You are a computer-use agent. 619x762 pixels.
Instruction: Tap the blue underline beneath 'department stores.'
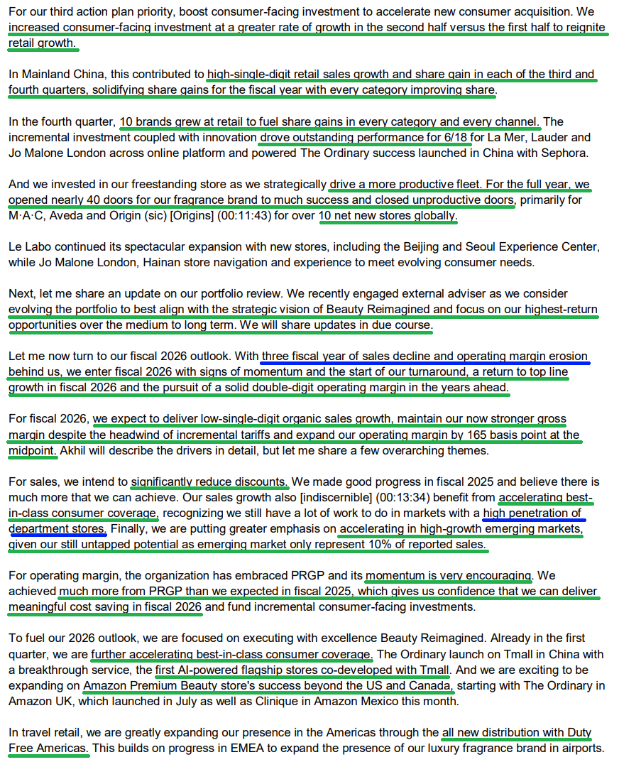[x=57, y=535]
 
